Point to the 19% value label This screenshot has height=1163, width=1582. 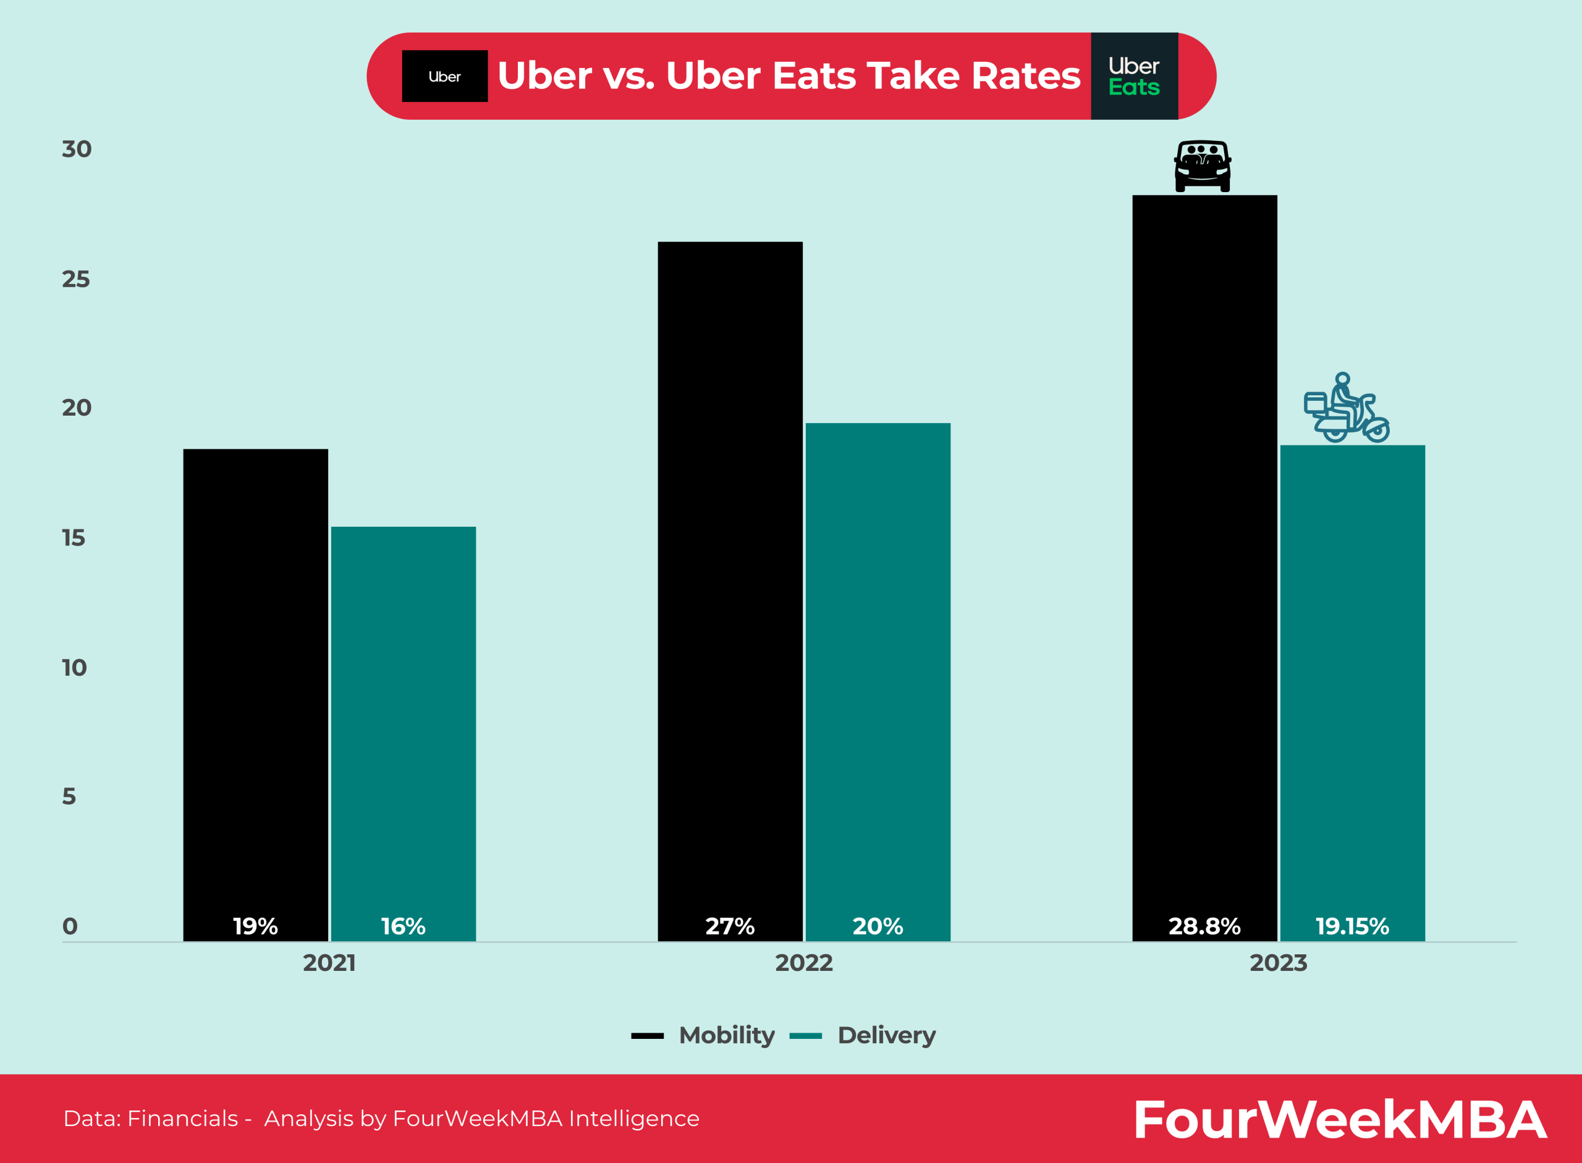pyautogui.click(x=255, y=926)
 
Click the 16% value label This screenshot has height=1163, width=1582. pyautogui.click(x=403, y=926)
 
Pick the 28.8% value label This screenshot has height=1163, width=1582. pyautogui.click(x=1204, y=926)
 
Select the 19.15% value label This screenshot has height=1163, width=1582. pyautogui.click(x=1351, y=926)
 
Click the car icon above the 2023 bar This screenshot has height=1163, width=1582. pyautogui.click(x=1203, y=166)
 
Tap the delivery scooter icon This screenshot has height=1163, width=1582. pyautogui.click(x=1346, y=408)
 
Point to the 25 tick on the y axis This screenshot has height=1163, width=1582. pyautogui.click(x=76, y=280)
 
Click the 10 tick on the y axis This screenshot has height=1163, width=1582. pyautogui.click(x=74, y=668)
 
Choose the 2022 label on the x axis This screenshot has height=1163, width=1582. pyautogui.click(x=804, y=962)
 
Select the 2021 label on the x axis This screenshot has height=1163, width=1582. pyautogui.click(x=329, y=962)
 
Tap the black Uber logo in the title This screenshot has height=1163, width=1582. pyautogui.click(x=444, y=76)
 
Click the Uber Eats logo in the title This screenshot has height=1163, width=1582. pyautogui.click(x=1134, y=76)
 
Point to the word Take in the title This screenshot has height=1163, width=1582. pyautogui.click(x=913, y=76)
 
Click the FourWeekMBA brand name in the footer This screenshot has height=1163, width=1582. pyautogui.click(x=1340, y=1119)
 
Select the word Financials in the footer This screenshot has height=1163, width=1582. pyautogui.click(x=182, y=1118)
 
